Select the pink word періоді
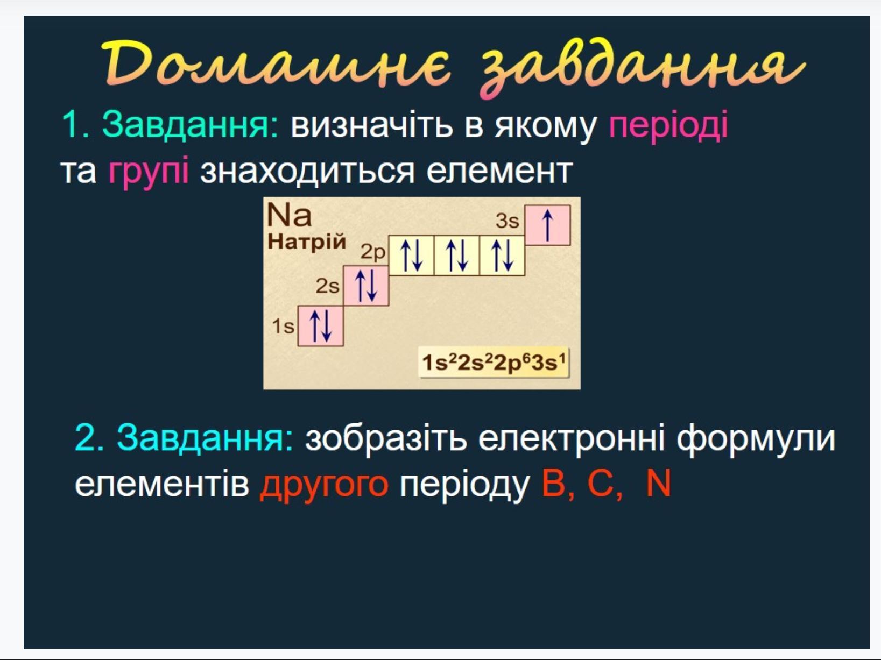pyautogui.click(x=668, y=125)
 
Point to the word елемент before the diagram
pyautogui.click(x=499, y=172)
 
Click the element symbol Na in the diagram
pyautogui.click(x=289, y=215)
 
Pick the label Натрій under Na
pyautogui.click(x=307, y=242)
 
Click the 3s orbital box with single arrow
pyautogui.click(x=547, y=225)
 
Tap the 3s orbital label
pyautogui.click(x=507, y=221)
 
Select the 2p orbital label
pyautogui.click(x=372, y=252)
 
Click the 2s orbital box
pyautogui.click(x=365, y=286)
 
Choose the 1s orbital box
pyautogui.click(x=320, y=326)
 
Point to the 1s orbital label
pyautogui.click(x=283, y=325)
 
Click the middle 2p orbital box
pyautogui.click(x=457, y=256)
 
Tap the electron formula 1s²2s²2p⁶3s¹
pyautogui.click(x=494, y=363)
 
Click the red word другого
pyautogui.click(x=324, y=485)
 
